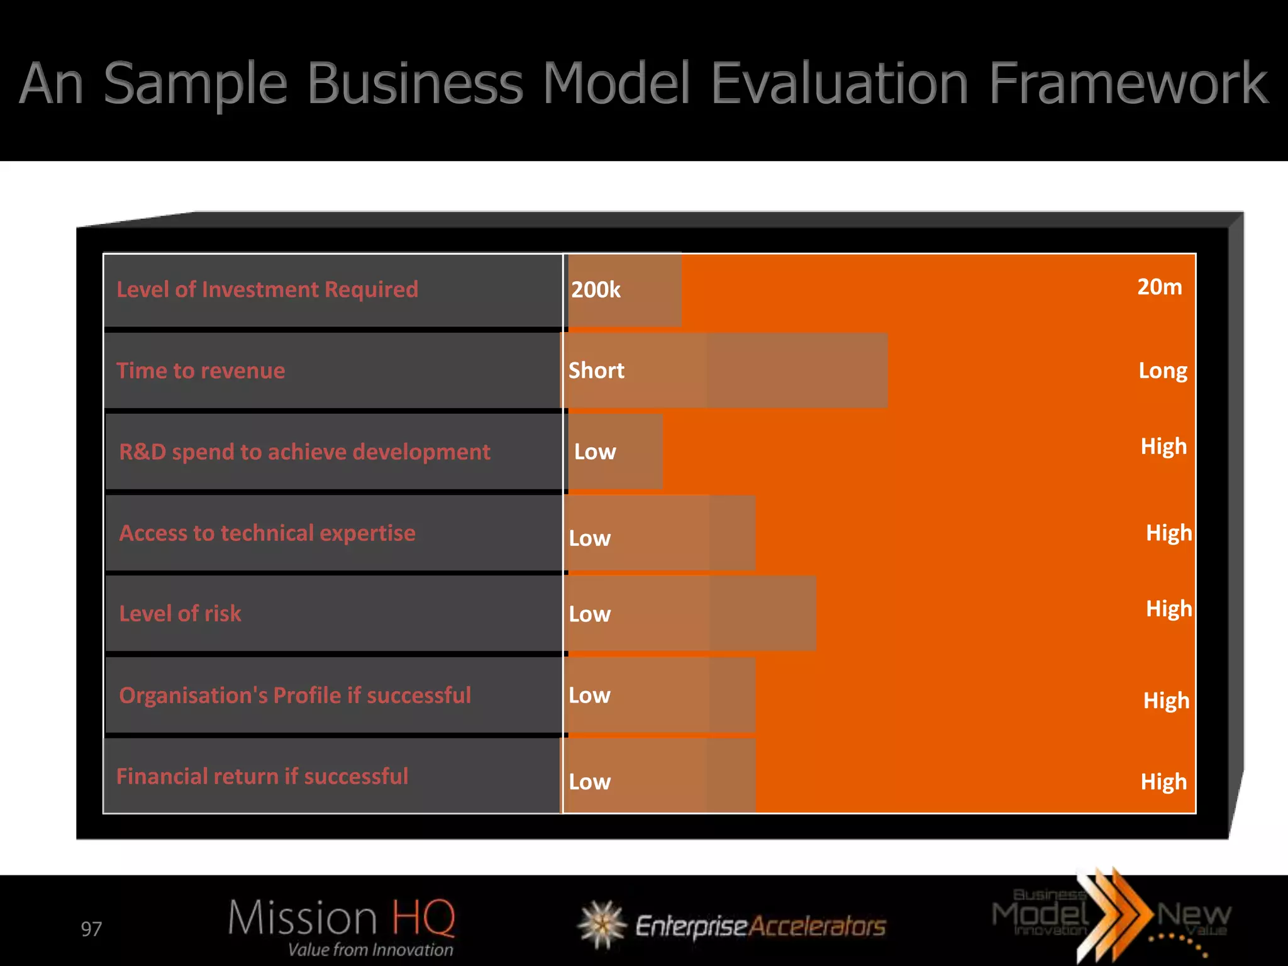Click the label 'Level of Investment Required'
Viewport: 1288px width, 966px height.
pyautogui.click(x=267, y=290)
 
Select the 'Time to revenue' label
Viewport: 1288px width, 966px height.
pyautogui.click(x=201, y=371)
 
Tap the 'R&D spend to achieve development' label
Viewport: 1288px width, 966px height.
pyautogui.click(x=304, y=452)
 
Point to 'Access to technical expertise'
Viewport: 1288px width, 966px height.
pyautogui.click(x=267, y=533)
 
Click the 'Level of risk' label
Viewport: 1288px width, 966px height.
pyautogui.click(x=180, y=614)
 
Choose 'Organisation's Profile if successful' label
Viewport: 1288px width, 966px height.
pyautogui.click(x=295, y=696)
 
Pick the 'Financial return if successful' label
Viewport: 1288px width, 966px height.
pyautogui.click(x=262, y=777)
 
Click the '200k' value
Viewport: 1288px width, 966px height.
pyautogui.click(x=596, y=290)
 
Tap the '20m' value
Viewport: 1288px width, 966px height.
pyautogui.click(x=1160, y=287)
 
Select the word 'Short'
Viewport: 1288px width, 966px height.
pyautogui.click(x=596, y=370)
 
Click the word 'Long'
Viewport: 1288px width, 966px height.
pyautogui.click(x=1163, y=371)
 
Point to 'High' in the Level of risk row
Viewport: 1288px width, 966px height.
pyautogui.click(x=1169, y=609)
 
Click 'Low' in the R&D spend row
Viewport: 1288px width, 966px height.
pyautogui.click(x=595, y=452)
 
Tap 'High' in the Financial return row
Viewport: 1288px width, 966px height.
pyautogui.click(x=1163, y=782)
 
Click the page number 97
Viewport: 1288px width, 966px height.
pyautogui.click(x=91, y=929)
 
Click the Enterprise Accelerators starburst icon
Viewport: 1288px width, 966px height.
pyautogui.click(x=602, y=924)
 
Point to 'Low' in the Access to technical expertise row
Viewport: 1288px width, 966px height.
pyautogui.click(x=589, y=538)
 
